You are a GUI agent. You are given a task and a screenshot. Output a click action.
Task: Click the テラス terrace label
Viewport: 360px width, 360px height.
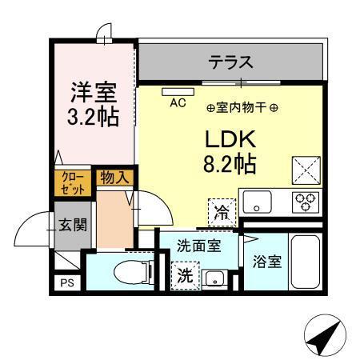point(231,62)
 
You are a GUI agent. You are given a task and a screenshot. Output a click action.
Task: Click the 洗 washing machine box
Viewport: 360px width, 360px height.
point(185,277)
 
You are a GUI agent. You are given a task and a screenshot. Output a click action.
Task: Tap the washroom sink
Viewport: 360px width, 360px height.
point(214,278)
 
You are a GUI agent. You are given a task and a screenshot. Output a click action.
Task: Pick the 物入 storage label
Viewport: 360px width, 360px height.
point(112,178)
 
